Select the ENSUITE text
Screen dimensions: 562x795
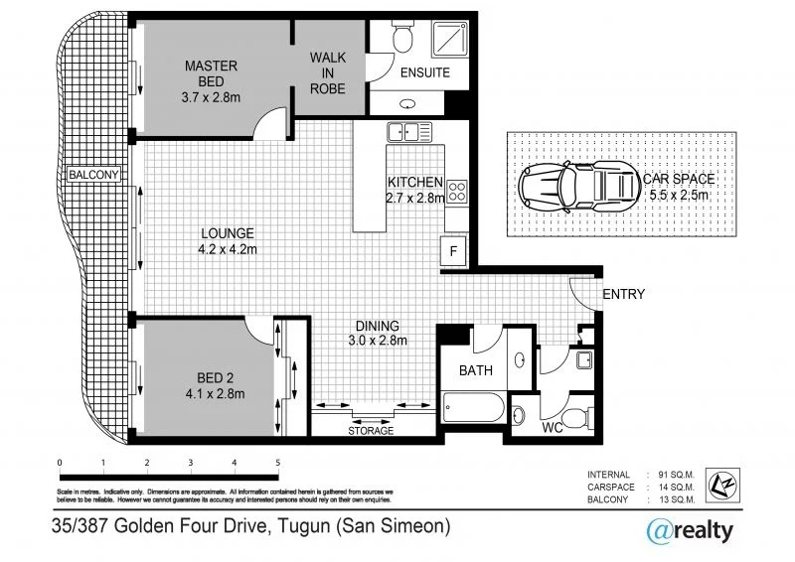pyautogui.click(x=424, y=72)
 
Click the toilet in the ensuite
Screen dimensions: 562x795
pyautogui.click(x=401, y=37)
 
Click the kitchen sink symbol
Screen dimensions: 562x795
pyautogui.click(x=407, y=130)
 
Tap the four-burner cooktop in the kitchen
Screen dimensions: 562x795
pyautogui.click(x=457, y=191)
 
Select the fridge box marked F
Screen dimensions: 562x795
pyautogui.click(x=453, y=251)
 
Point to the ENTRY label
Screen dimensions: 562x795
pyautogui.click(x=624, y=294)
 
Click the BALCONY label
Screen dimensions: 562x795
pyautogui.click(x=93, y=175)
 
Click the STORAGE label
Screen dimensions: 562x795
pyautogui.click(x=370, y=431)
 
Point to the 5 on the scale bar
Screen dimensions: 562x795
pyautogui.click(x=277, y=463)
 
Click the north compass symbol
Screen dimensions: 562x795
pyautogui.click(x=718, y=486)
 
